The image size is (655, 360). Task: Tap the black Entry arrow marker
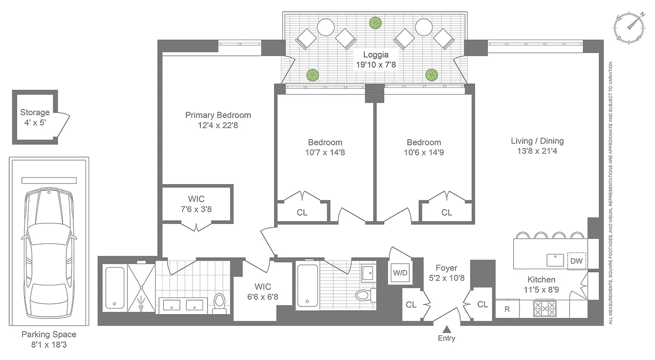point(447,329)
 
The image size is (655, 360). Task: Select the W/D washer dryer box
point(400,273)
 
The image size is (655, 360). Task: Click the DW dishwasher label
point(576,261)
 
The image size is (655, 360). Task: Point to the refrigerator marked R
point(507,309)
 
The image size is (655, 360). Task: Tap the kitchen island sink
point(556,260)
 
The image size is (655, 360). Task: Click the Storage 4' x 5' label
point(35,117)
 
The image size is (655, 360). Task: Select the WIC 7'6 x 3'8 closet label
point(196,204)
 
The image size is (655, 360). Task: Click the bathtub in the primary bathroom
point(114,288)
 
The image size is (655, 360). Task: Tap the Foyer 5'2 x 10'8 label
point(446,273)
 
